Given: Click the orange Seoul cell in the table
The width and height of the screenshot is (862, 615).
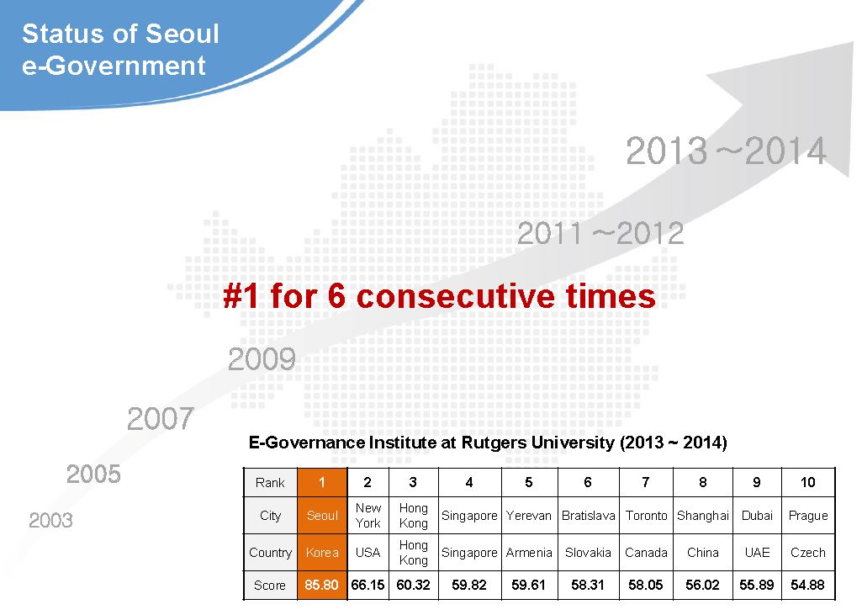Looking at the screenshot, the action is [x=322, y=516].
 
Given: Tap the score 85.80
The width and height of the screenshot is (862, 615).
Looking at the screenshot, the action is [x=321, y=585].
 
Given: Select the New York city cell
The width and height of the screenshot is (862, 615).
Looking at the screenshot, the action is [x=368, y=516].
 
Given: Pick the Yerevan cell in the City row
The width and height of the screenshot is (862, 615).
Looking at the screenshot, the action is [x=529, y=516].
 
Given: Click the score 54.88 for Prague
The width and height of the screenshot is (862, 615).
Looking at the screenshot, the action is [x=807, y=585].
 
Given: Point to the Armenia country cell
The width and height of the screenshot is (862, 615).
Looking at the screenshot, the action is [x=529, y=552].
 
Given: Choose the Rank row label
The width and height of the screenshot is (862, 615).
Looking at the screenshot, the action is [x=270, y=482].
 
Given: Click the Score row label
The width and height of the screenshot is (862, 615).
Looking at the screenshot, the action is [x=270, y=586].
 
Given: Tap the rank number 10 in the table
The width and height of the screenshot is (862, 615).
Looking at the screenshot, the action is [x=807, y=482].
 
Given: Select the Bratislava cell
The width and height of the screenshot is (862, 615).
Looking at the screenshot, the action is [x=588, y=516].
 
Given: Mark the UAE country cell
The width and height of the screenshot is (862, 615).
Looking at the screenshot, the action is [x=757, y=552].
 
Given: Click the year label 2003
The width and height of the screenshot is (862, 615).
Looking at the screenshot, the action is [x=50, y=520].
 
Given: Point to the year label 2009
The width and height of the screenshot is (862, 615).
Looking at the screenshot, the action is [x=262, y=358].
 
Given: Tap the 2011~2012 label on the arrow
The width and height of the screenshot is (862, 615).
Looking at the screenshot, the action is [x=600, y=233].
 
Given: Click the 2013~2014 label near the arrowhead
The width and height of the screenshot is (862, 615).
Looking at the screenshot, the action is [x=727, y=150].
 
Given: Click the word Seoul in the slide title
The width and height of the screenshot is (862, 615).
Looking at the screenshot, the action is [x=182, y=34].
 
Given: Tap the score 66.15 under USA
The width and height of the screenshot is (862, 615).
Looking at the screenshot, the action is [x=368, y=585].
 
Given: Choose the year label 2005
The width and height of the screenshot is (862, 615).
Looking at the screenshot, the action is [x=93, y=474].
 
